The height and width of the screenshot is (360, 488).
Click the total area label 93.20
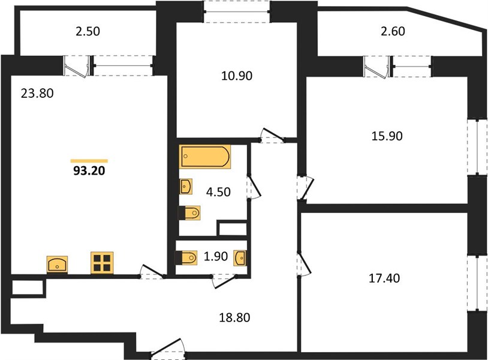[89, 170]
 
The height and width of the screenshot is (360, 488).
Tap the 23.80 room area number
[37, 93]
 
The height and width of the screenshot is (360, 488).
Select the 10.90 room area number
[237, 76]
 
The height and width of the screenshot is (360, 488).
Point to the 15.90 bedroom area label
[387, 136]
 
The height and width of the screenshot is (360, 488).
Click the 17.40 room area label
[384, 278]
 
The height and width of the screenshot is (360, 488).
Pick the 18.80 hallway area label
[234, 317]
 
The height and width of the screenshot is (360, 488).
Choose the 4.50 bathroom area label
[218, 192]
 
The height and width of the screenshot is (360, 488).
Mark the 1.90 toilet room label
[216, 256]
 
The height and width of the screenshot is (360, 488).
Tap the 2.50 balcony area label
[88, 31]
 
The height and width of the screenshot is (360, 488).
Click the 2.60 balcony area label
[393, 31]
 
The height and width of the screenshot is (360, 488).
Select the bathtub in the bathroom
[205, 157]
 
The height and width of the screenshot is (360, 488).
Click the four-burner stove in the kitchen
[102, 263]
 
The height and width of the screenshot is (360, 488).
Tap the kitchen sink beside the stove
[58, 265]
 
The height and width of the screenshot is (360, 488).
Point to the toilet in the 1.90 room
[186, 257]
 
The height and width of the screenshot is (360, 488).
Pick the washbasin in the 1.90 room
[240, 258]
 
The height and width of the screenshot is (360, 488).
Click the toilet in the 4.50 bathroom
[189, 213]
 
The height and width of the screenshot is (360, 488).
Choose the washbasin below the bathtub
[186, 187]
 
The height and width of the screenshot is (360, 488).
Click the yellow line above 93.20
[89, 161]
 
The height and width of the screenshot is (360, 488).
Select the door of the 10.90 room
[272, 136]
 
